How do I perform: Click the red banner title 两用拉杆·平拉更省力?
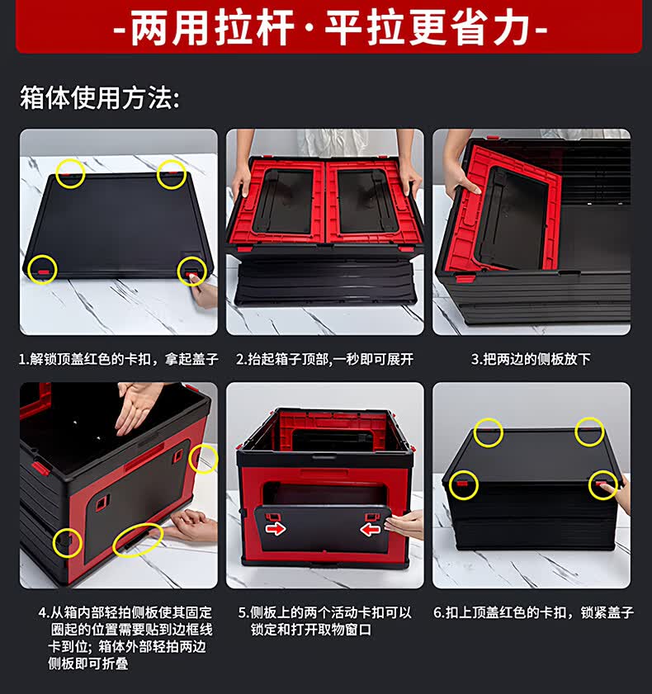tap(330, 27)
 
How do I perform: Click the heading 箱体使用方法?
tap(100, 97)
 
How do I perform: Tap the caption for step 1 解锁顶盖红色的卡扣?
tap(119, 359)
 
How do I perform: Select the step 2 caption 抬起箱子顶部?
tap(325, 359)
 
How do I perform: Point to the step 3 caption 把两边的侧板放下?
tap(531, 359)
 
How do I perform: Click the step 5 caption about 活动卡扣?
tap(325, 621)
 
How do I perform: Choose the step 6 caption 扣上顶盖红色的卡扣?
tap(533, 612)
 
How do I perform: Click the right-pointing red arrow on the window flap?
tap(276, 528)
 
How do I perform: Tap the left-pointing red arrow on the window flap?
tap(370, 529)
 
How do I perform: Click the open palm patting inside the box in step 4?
tap(138, 405)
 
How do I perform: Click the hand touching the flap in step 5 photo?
tap(404, 525)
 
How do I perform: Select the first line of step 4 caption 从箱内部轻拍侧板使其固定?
tap(125, 612)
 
